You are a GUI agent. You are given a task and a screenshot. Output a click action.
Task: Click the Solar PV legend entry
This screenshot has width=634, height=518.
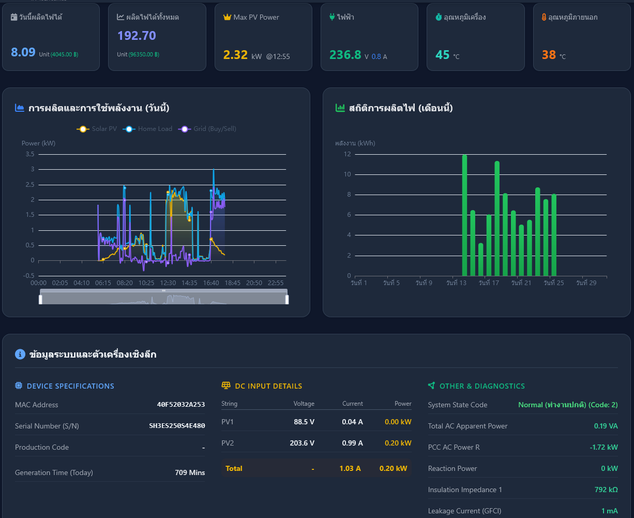[x=97, y=129]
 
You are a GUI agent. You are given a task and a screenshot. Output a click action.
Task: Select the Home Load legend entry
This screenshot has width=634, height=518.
[x=147, y=129]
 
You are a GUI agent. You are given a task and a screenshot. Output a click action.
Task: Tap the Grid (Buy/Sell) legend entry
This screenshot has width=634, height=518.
[x=207, y=129]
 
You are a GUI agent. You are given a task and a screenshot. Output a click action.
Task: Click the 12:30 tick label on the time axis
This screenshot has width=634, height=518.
[x=168, y=283]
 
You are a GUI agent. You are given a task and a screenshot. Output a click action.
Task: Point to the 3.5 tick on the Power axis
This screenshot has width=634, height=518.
[x=30, y=154]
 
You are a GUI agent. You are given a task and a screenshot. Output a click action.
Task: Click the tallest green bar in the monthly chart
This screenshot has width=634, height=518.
[x=464, y=215]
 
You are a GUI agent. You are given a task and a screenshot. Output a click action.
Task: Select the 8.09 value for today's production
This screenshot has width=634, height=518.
[x=23, y=52]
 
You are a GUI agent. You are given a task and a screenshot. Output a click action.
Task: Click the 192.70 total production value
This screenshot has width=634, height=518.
[x=137, y=36]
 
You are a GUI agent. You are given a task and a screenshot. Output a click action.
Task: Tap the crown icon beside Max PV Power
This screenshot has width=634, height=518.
[x=227, y=17]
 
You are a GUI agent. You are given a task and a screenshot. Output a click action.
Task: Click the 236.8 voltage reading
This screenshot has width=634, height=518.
[x=345, y=55]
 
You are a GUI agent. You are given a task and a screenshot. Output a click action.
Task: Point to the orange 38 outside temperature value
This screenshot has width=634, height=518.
[x=549, y=55]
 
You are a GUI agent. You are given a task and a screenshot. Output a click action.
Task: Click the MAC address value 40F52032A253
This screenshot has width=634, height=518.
[x=181, y=405]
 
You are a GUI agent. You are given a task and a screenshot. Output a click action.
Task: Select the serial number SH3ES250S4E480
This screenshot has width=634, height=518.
[x=177, y=426]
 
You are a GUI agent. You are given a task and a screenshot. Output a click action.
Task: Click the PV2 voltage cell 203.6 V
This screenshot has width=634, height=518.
[x=302, y=443]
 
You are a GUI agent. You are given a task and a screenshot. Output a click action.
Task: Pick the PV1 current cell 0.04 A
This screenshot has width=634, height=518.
[x=352, y=422]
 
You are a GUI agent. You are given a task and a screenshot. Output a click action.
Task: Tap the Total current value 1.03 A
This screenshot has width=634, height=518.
[x=350, y=468]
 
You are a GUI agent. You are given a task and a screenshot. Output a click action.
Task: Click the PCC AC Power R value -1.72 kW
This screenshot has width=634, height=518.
[x=603, y=447]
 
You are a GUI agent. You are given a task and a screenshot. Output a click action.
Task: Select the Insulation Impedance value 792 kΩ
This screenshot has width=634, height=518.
[x=606, y=490]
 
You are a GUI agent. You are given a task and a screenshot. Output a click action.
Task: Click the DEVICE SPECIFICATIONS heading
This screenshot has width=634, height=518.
[x=70, y=386]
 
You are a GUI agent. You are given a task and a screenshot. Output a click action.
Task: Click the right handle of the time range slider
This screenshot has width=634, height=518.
[x=287, y=300]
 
